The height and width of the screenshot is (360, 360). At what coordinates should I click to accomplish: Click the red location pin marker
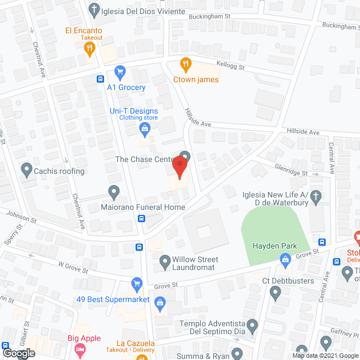tap(179, 167)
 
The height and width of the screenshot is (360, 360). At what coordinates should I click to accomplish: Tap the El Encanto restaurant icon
tap(88, 48)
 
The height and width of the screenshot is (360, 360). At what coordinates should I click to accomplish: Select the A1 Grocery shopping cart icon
tap(119, 71)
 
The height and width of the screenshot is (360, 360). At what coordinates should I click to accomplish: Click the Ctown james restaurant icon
tap(184, 64)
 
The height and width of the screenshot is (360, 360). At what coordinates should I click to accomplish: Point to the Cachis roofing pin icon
tap(26, 168)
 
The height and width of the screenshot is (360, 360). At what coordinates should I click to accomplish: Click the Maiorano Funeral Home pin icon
tap(114, 192)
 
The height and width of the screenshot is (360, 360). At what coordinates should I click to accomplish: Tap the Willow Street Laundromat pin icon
tap(165, 261)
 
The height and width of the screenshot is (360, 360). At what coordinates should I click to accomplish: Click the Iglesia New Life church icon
tap(316, 196)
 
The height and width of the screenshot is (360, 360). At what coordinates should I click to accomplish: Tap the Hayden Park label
tap(274, 246)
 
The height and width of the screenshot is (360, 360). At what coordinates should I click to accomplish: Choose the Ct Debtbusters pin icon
tap(275, 292)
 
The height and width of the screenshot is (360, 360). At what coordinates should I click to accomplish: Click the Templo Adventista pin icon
tap(253, 325)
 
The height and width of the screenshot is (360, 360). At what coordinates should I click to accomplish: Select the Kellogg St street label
tap(231, 67)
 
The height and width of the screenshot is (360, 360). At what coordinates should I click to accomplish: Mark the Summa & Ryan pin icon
tap(238, 353)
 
